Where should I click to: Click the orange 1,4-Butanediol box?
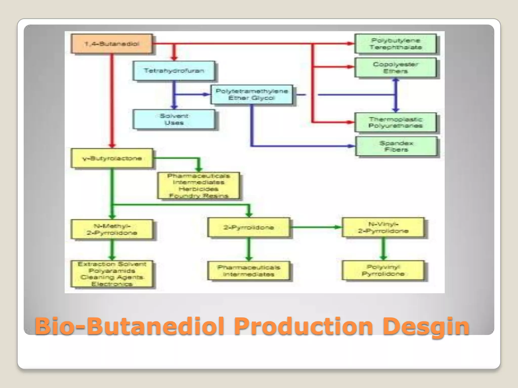[x=112, y=44]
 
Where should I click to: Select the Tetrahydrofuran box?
[x=174, y=70]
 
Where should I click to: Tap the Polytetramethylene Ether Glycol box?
[x=251, y=94]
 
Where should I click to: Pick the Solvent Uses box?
[x=174, y=119]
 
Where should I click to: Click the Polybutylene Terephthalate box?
[x=395, y=44]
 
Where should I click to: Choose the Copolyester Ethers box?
[x=395, y=67]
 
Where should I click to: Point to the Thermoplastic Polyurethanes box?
[x=395, y=122]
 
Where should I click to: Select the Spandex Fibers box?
[x=396, y=146]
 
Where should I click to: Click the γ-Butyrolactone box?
[x=112, y=158]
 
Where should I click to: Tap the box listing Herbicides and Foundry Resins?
[x=198, y=186]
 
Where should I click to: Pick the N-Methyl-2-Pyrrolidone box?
[x=112, y=229]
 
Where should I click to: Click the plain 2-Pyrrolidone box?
[x=248, y=227]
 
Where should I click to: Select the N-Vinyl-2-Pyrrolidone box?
[x=383, y=227]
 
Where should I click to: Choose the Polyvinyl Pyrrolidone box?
[x=383, y=270]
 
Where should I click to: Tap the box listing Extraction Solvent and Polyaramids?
[x=112, y=274]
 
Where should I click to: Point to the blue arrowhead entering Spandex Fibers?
[x=352, y=146]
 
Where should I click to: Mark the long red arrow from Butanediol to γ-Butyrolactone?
[x=112, y=101]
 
